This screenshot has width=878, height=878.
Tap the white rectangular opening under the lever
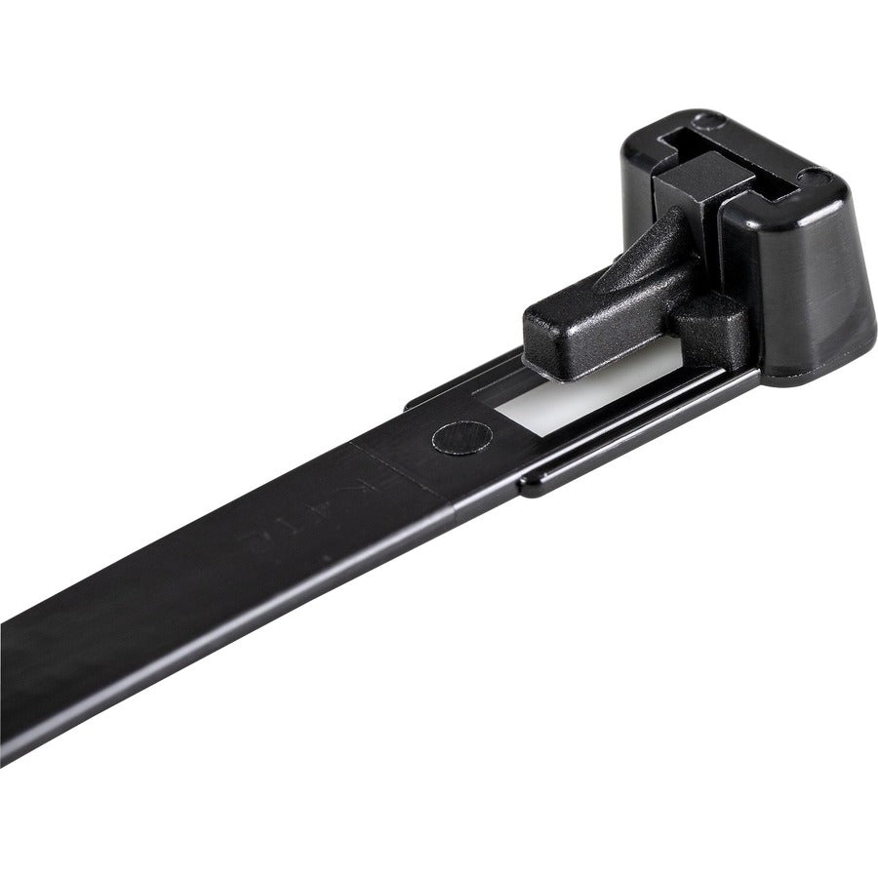546,408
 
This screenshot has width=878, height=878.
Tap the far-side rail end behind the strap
415,400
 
